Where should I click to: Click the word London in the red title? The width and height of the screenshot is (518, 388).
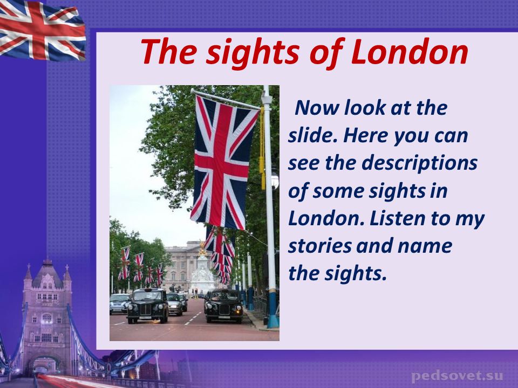point(410,52)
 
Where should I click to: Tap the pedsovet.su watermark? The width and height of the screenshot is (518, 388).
point(457,376)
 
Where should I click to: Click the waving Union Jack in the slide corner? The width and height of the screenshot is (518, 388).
point(42,30)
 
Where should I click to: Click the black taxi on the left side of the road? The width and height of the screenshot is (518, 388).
point(147,305)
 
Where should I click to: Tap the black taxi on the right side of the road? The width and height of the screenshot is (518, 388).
point(223,305)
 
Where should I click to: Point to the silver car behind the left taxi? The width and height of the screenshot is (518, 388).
point(119,303)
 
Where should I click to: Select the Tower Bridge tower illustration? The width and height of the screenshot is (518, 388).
point(47,317)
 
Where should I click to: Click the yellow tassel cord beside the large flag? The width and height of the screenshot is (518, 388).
point(262,149)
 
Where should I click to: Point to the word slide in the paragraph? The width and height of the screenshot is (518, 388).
point(312,136)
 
